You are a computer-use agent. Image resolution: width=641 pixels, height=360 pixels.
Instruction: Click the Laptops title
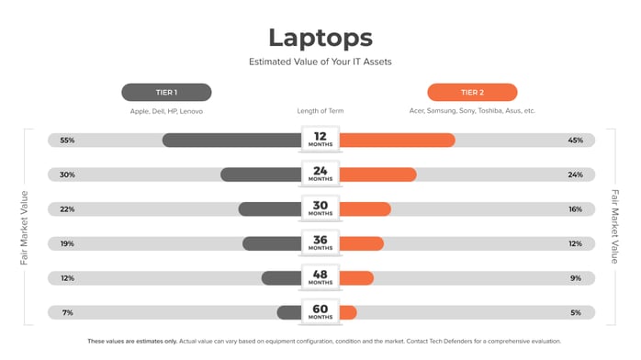pyautogui.click(x=320, y=38)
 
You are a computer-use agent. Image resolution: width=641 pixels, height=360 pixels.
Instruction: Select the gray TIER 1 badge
pyautogui.click(x=166, y=92)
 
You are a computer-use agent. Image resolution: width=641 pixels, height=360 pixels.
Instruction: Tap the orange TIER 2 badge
pyautogui.click(x=472, y=92)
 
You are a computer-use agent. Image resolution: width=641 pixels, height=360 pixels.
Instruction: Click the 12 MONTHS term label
pyautogui.click(x=320, y=140)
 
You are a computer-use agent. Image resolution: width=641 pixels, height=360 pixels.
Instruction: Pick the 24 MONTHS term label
pyautogui.click(x=320, y=174)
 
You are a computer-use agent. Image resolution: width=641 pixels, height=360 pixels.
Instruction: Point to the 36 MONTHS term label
pyautogui.click(x=320, y=243)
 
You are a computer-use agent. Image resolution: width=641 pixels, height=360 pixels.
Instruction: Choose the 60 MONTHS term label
pyautogui.click(x=320, y=312)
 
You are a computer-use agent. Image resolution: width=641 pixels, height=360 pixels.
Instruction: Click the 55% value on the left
pyautogui.click(x=67, y=141)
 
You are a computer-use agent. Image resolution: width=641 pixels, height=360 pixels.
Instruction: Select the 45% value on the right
pyautogui.click(x=575, y=141)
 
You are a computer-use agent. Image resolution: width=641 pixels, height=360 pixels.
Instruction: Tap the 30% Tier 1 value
pyautogui.click(x=67, y=174)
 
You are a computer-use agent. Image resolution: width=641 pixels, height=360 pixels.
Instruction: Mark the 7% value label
pyautogui.click(x=67, y=312)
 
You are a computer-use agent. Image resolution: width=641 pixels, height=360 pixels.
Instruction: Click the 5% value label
pyautogui.click(x=576, y=312)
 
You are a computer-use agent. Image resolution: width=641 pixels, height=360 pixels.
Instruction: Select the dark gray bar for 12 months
pyautogui.click(x=231, y=141)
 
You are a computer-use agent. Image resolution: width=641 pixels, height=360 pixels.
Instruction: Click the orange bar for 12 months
pyautogui.click(x=397, y=141)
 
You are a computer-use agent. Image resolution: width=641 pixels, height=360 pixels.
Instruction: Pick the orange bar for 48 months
pyautogui.click(x=356, y=277)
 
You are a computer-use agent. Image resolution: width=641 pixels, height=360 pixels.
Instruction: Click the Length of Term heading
pyautogui.click(x=320, y=111)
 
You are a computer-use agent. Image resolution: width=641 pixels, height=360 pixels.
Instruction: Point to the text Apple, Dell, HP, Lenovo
pyautogui.click(x=166, y=111)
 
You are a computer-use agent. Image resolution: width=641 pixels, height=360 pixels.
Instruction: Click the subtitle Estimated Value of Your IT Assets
pyautogui.click(x=320, y=62)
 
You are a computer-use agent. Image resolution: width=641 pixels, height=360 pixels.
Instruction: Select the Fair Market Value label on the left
pyautogui.click(x=25, y=227)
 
